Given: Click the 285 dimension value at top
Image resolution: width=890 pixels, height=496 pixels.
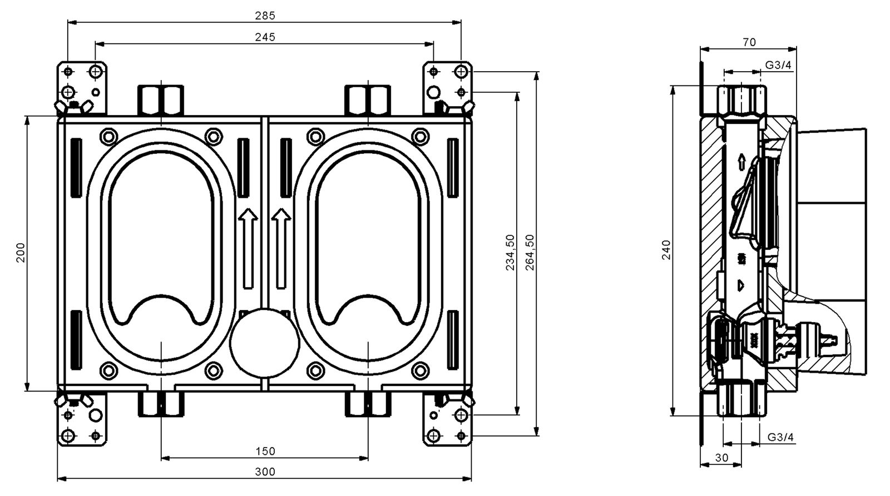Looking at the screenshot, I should point(265,16).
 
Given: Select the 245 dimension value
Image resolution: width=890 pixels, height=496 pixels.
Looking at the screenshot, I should point(265,37).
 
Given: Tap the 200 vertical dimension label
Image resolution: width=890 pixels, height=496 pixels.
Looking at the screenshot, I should point(21,253).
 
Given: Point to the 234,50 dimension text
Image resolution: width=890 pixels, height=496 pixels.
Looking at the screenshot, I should point(510,253).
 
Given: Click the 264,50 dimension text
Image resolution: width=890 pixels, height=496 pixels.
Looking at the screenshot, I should point(530,253).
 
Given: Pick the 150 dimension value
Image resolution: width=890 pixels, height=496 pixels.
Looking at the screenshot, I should point(265,451).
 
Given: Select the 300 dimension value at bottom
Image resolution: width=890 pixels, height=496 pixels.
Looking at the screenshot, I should point(265,472).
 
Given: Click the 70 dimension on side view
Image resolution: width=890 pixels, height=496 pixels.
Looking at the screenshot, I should point(749,42).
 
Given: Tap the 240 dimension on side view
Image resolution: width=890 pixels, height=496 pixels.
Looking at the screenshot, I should point(666,249).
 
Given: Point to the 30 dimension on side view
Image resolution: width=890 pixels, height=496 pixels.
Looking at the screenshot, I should point(721,458).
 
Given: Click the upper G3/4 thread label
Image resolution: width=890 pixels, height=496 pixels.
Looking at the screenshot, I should point(778,65).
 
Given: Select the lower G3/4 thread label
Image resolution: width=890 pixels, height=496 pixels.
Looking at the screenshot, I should point(780,437).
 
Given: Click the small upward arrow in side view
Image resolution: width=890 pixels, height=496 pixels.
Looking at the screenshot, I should point(741,162).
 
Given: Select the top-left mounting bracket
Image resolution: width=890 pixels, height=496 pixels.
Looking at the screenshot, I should point(82,86).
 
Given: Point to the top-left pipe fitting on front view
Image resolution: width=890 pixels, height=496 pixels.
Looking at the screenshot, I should point(161,100).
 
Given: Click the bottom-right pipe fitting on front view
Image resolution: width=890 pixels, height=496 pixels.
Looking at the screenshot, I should point(368,404).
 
